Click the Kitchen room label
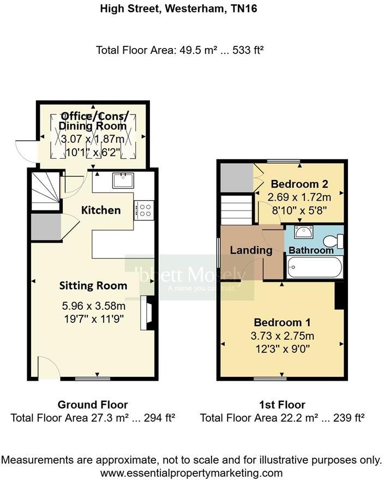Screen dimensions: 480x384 pyautogui.click(x=101, y=210)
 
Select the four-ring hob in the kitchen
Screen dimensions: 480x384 pyautogui.click(x=145, y=210)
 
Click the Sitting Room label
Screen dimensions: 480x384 pyautogui.click(x=93, y=285)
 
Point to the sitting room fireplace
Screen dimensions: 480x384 pyautogui.click(x=147, y=313)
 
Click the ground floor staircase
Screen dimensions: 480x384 pyautogui.click(x=45, y=191)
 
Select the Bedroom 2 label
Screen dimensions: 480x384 pyautogui.click(x=299, y=183)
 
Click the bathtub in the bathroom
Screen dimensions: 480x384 pyautogui.click(x=314, y=268)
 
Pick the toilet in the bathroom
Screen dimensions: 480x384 pyautogui.click(x=334, y=241)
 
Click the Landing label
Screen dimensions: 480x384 pyautogui.click(x=251, y=250)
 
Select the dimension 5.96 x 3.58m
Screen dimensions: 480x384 pyautogui.click(x=92, y=305)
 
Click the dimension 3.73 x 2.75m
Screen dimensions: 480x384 pyautogui.click(x=282, y=335)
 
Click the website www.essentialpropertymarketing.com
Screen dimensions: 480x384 pyautogui.click(x=191, y=472)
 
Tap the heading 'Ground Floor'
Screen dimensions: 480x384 pyautogui.click(x=93, y=405)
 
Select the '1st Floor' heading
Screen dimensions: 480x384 pyautogui.click(x=282, y=405)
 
